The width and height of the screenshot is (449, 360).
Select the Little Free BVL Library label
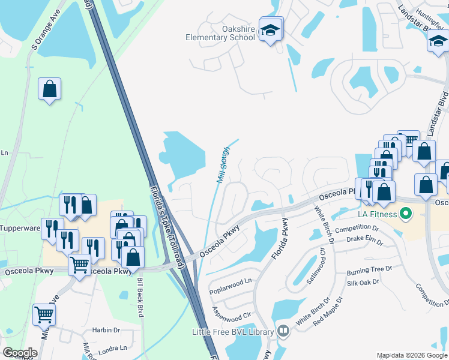tap(233, 332)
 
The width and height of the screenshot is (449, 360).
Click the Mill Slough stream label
tap(223, 165)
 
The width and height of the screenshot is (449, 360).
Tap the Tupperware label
tap(20, 228)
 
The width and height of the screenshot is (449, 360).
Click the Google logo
tap(20, 353)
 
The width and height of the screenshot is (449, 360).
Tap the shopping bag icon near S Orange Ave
tap(50, 90)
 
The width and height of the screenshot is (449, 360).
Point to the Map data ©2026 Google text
tap(412, 355)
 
